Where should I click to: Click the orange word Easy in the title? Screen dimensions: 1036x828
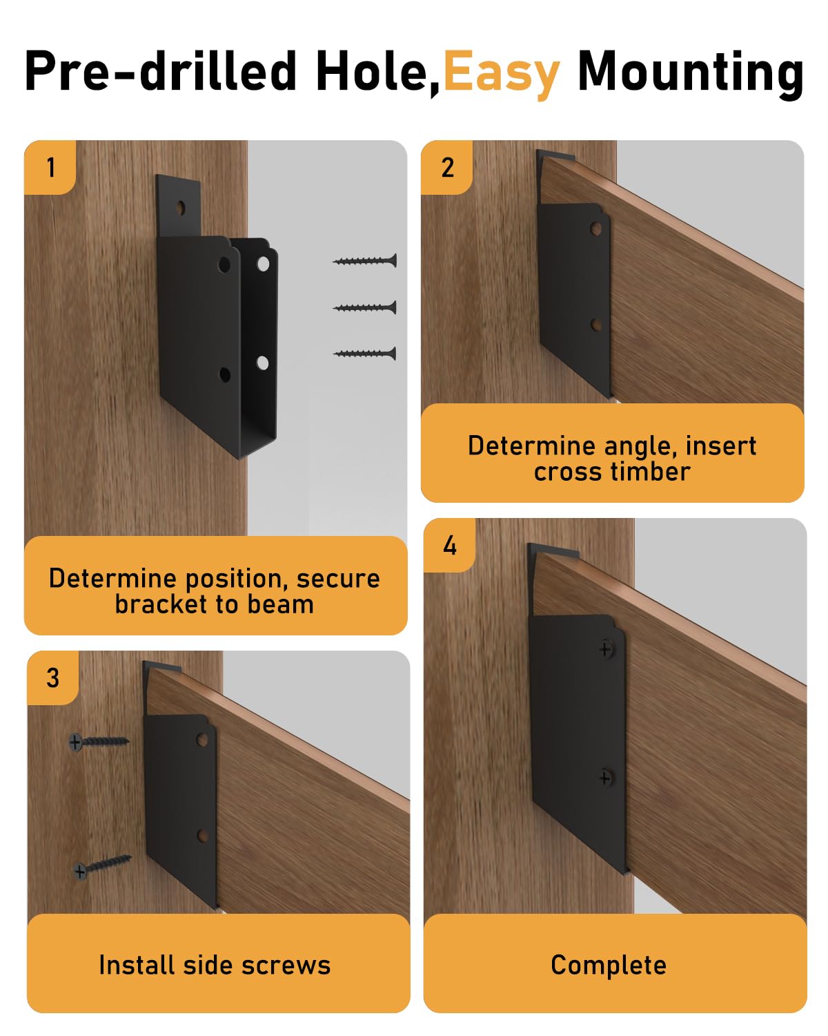tap(501, 73)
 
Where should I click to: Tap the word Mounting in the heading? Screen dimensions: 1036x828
tap(690, 73)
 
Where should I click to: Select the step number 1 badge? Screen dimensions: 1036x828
tap(50, 167)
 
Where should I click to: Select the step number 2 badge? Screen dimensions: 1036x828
tap(447, 167)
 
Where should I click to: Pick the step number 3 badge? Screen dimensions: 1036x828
tap(53, 678)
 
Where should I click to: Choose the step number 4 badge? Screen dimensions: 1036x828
tap(450, 546)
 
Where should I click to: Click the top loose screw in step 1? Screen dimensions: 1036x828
tap(365, 260)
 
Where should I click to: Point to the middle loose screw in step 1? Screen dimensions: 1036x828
tap(365, 307)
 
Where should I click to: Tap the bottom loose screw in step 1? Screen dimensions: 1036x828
tap(365, 354)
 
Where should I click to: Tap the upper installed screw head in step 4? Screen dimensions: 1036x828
tap(606, 649)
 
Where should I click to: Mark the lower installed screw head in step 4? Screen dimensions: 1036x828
tap(605, 778)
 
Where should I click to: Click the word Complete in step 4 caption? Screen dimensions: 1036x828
tap(609, 965)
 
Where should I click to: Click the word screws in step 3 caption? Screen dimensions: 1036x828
tap(291, 965)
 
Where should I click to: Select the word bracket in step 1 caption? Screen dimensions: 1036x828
tap(161, 604)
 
